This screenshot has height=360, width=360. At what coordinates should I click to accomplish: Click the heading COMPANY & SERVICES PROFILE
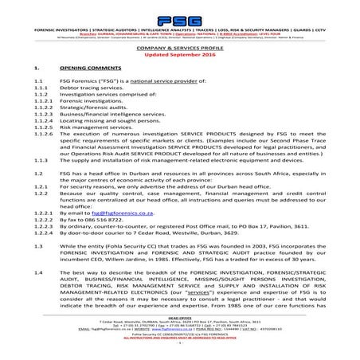point(180,49)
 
